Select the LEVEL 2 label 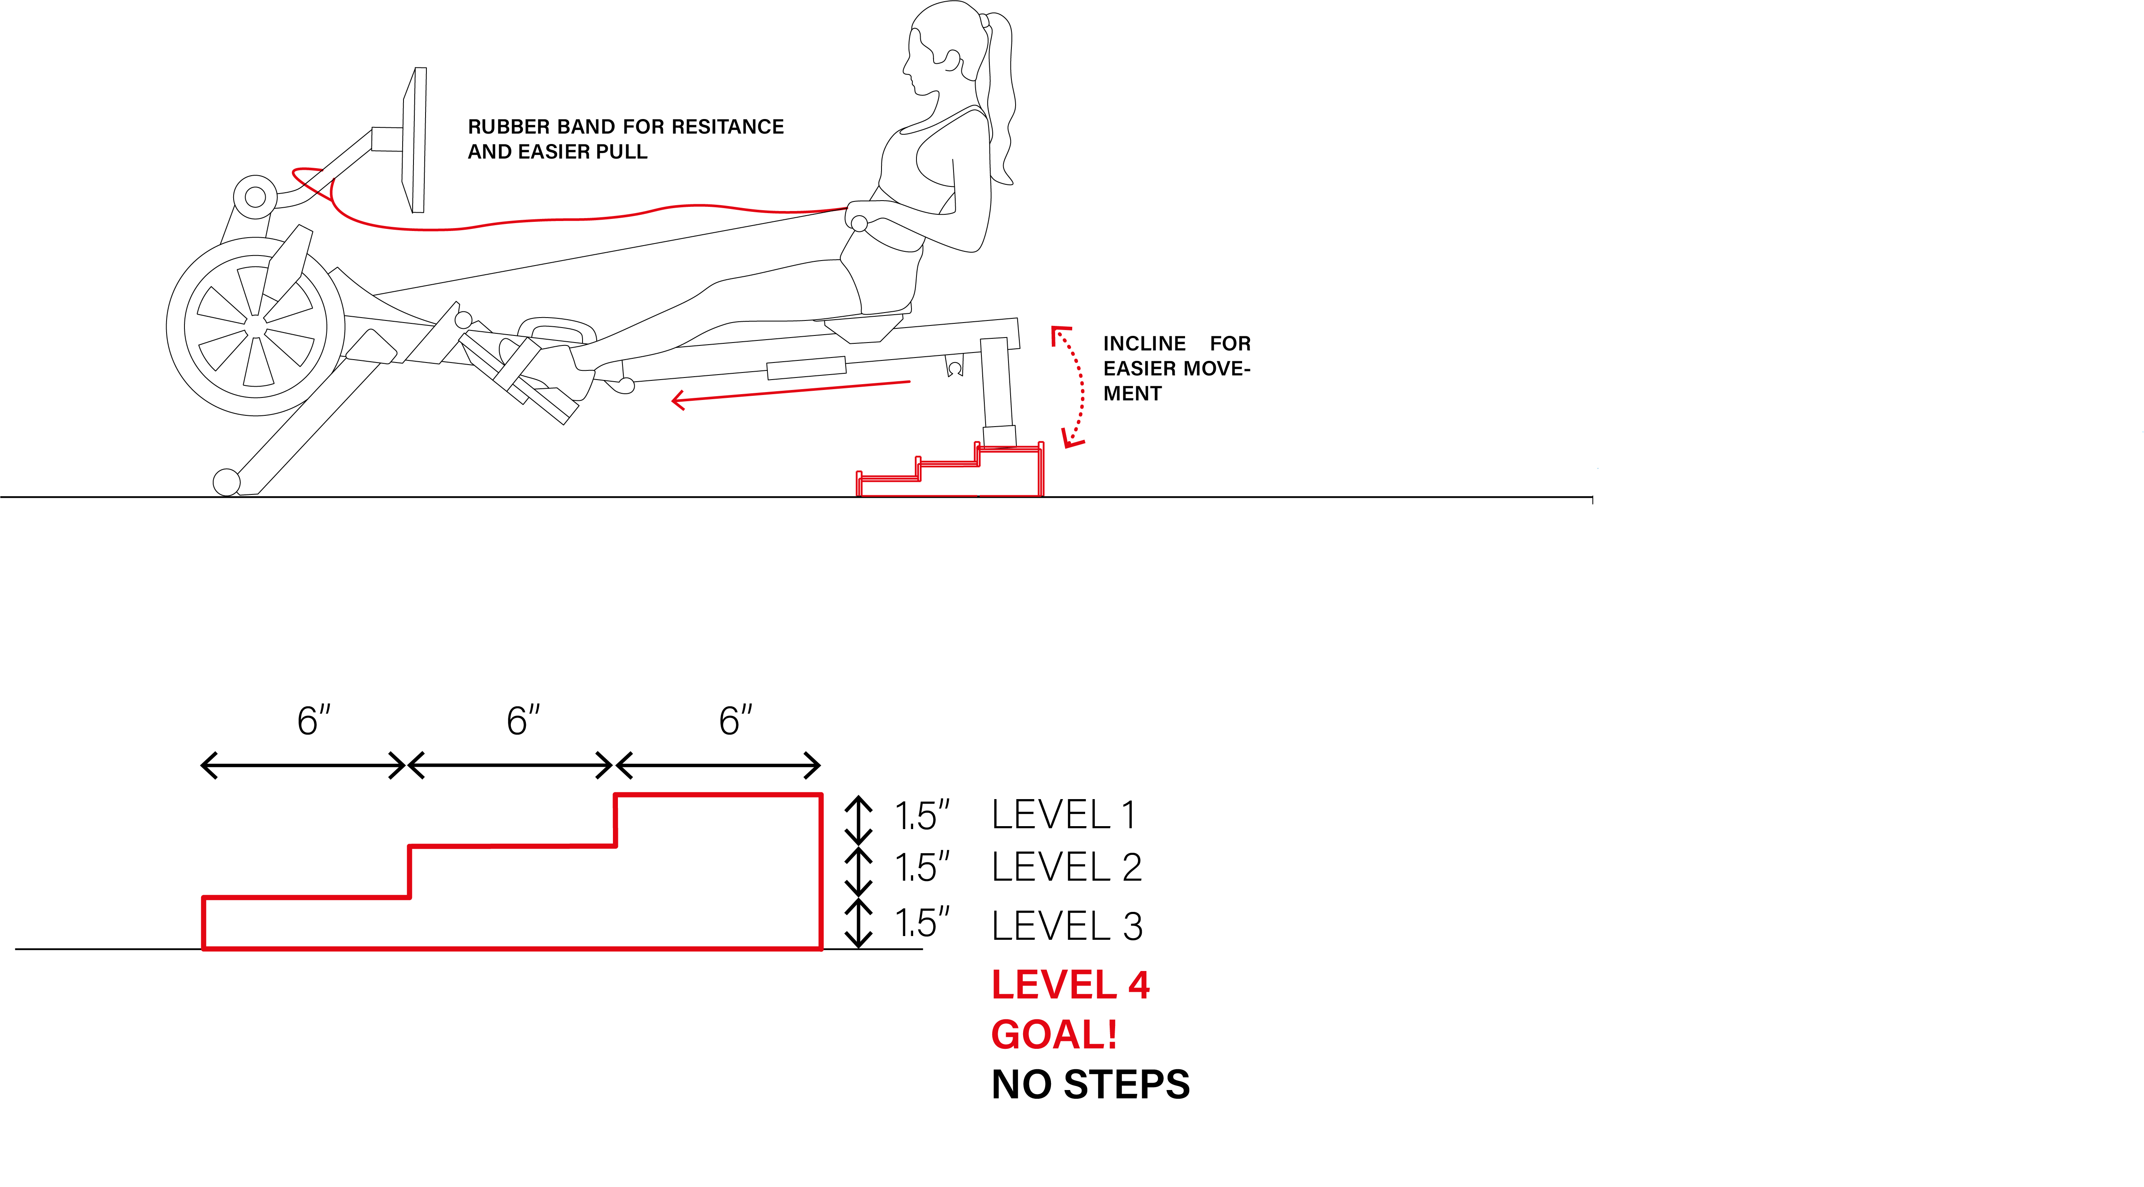1066,868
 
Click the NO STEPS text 1090,1085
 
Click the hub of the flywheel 256,326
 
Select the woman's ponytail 1001,100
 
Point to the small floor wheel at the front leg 227,482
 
